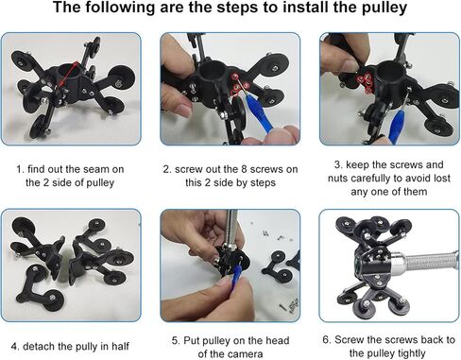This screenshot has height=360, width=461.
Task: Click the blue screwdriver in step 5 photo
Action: tap(236, 273)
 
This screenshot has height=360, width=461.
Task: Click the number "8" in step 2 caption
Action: tap(245, 169)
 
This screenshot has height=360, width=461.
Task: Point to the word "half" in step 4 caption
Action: tap(120, 346)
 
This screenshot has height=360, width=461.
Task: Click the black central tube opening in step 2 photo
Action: tap(213, 70)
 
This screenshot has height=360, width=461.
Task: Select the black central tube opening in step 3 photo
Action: tap(389, 71)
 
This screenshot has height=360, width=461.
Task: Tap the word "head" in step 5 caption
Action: tap(277, 340)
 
